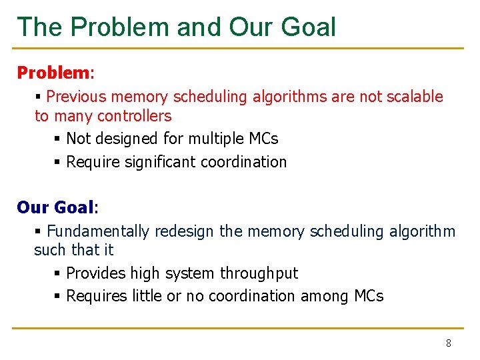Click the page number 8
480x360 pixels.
click(448, 343)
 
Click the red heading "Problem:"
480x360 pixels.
click(57, 72)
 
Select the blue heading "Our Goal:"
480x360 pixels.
click(57, 207)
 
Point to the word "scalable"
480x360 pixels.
click(415, 97)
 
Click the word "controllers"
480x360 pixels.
click(134, 116)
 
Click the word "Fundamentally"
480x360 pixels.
click(98, 231)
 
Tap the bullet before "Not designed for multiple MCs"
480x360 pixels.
click(59, 139)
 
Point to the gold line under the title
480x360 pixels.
click(240, 48)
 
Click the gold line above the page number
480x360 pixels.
click(240, 328)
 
